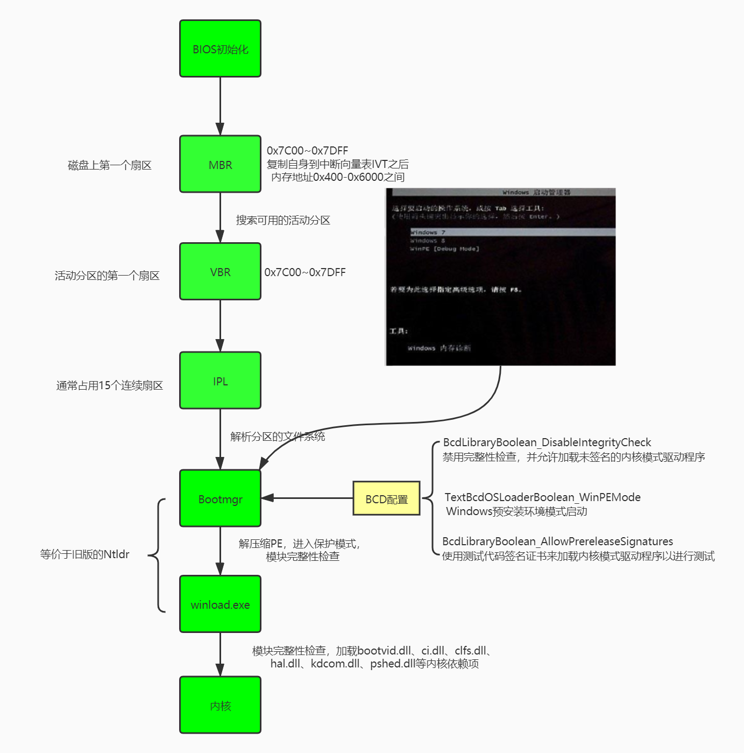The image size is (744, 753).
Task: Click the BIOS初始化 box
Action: pyautogui.click(x=220, y=49)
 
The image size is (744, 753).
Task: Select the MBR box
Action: pyautogui.click(x=220, y=165)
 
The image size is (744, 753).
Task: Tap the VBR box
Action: pyautogui.click(x=220, y=272)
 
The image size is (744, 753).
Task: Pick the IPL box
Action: pyautogui.click(x=220, y=381)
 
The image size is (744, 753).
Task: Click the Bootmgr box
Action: pyautogui.click(x=220, y=499)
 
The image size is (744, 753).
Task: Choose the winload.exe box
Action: pyautogui.click(x=220, y=604)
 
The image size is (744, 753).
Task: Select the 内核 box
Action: pyautogui.click(x=220, y=705)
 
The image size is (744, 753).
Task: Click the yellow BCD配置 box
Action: pyautogui.click(x=386, y=499)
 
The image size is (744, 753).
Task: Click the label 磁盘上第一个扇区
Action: pyautogui.click(x=110, y=165)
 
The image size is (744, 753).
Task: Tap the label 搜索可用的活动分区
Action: pyautogui.click(x=283, y=220)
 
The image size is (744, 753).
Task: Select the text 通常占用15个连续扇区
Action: pyautogui.click(x=109, y=385)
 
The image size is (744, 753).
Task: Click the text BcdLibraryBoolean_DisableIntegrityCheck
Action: pyautogui.click(x=547, y=442)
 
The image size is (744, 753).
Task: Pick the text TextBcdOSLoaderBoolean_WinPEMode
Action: pyautogui.click(x=542, y=497)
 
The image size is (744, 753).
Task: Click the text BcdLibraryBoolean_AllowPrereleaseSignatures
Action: pyautogui.click(x=557, y=541)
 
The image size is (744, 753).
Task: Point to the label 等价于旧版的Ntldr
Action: pyautogui.click(x=84, y=554)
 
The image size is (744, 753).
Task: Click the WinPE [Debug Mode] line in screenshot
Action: pyautogui.click(x=444, y=249)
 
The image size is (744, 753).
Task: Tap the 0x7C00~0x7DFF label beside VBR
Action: pyautogui.click(x=305, y=272)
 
